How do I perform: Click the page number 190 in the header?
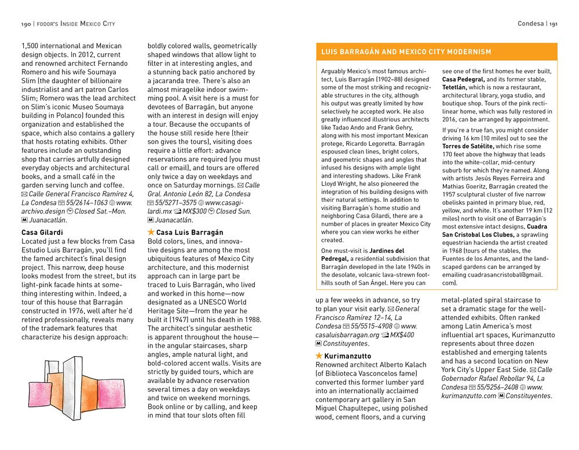click(x=25, y=24)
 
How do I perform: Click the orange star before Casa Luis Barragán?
click(x=151, y=233)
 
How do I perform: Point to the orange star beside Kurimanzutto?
click(x=319, y=356)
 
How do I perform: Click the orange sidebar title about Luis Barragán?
click(x=406, y=52)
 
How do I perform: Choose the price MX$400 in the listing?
click(x=402, y=335)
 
